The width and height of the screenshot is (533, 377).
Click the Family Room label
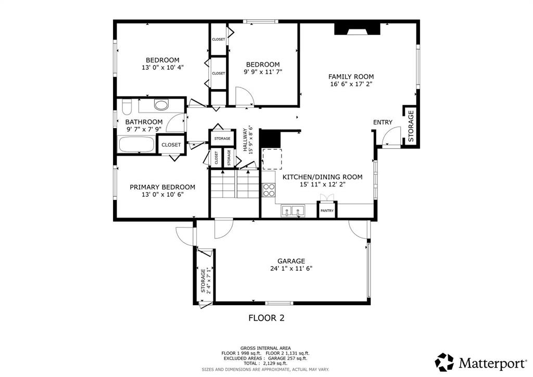[351, 77]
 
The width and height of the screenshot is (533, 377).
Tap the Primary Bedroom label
[162, 187]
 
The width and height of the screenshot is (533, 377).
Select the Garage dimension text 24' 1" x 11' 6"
[291, 269]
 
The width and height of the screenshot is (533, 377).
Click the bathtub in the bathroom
[136, 144]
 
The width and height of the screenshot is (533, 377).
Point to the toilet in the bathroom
[127, 107]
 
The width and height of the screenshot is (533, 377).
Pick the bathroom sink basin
[161, 104]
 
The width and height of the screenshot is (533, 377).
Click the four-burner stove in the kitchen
[269, 190]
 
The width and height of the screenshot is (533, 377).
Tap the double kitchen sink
[293, 211]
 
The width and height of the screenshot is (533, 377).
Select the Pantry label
[327, 211]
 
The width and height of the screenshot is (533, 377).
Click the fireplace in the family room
[357, 29]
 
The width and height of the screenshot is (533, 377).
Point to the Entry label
[383, 122]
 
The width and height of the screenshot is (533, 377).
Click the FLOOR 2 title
[266, 318]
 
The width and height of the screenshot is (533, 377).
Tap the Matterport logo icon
[445, 362]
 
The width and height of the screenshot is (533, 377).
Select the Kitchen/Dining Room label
[323, 177]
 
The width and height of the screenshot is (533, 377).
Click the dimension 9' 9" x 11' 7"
[263, 72]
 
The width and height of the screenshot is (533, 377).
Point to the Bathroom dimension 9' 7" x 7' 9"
[144, 129]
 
